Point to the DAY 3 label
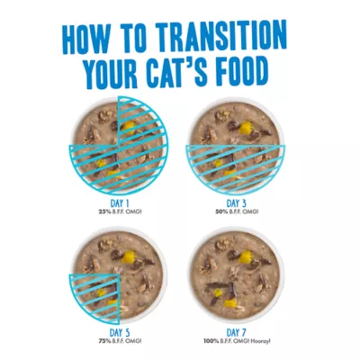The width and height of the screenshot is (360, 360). click(238, 203)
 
